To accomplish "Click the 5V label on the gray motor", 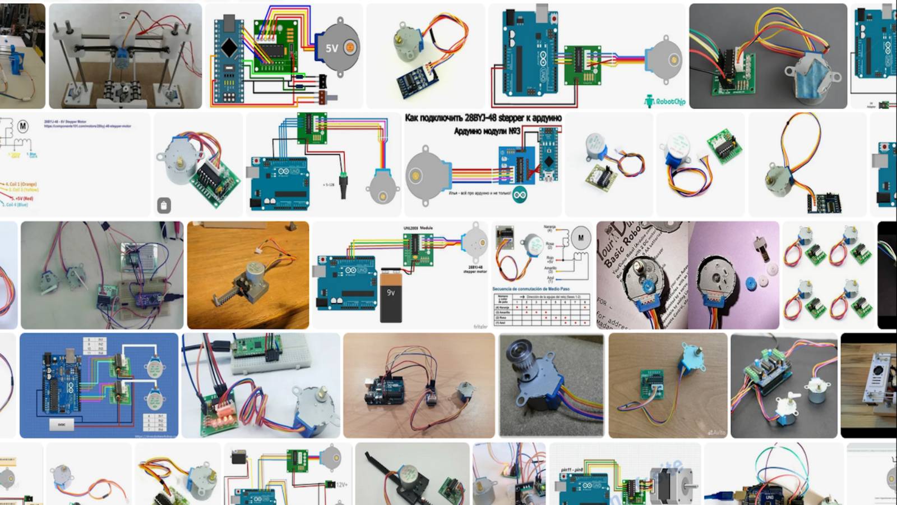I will [x=332, y=48].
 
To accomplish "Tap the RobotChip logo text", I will [x=670, y=102].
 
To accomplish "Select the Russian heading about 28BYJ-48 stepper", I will [x=483, y=118].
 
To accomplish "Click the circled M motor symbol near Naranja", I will [x=581, y=237].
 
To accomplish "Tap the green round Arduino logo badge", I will [x=520, y=195].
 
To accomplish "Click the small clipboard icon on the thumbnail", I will [x=164, y=205].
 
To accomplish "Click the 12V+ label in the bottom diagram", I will [x=340, y=484].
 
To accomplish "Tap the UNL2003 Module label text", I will [x=418, y=228].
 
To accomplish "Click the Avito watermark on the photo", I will [x=716, y=433].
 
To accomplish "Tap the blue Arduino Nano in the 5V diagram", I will [x=229, y=56].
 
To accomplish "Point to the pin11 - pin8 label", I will [x=571, y=470].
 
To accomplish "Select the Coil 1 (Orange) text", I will [x=21, y=184].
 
